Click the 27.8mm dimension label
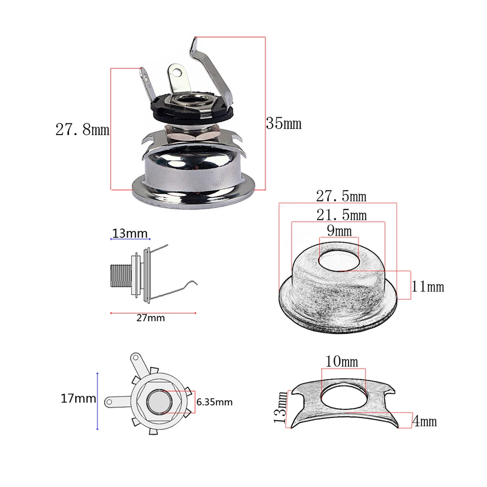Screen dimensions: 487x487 pos(82,130)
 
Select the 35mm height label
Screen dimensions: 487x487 pos(284,123)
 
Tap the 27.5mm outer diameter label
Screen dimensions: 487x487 pos(341,196)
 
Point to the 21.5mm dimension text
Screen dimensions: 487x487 pos(341,214)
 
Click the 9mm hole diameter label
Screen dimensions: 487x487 pos(339,230)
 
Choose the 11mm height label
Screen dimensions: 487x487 pos(428,286)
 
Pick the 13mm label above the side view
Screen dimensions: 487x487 pos(130,233)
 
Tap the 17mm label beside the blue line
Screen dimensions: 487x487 pos(78,399)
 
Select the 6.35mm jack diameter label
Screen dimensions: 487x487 pos(214,402)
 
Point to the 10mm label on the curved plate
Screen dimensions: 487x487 pos(342,362)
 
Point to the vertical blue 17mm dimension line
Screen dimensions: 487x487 pos(98,401)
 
